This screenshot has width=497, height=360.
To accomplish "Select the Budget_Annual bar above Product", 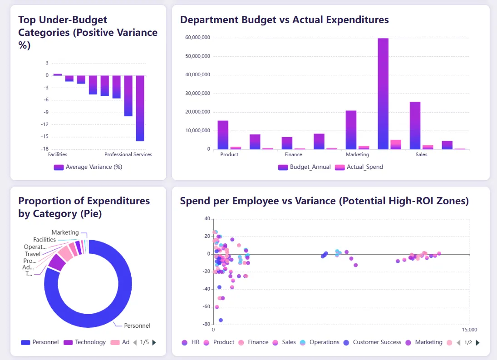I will point(223,135).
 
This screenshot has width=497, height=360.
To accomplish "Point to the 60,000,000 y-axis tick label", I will point(197,38).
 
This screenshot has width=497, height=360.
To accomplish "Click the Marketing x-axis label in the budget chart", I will point(357,154).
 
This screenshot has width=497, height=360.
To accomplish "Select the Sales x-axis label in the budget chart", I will point(421,154).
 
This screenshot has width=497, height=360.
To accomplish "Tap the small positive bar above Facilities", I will point(58,74).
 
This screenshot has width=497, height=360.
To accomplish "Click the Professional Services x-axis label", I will point(128,154).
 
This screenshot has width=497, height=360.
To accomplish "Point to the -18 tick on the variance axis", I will point(44,149).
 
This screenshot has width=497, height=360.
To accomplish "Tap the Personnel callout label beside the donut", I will point(137,325).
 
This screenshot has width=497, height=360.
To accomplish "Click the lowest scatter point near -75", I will point(221,320).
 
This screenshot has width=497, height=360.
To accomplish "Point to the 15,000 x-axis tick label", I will point(469,330).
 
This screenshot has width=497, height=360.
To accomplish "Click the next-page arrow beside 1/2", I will point(477,343).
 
